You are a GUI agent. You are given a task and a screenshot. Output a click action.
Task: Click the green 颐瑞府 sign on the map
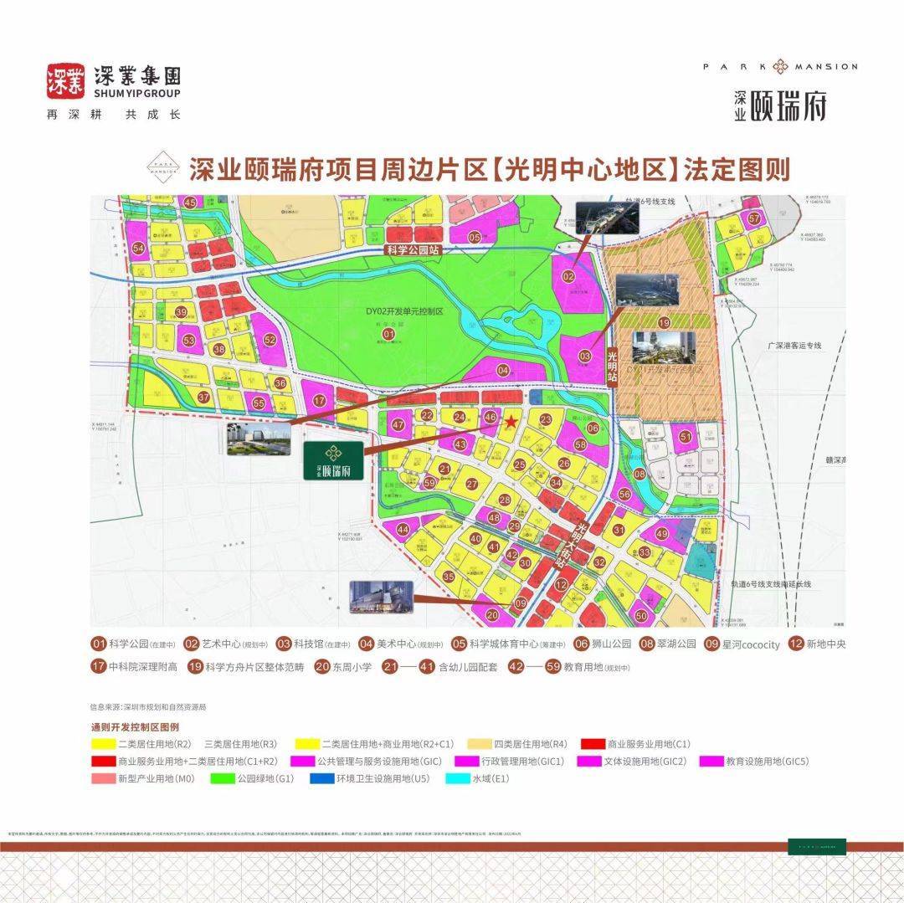click(x=333, y=459)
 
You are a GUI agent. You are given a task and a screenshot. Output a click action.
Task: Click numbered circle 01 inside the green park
click(x=388, y=335)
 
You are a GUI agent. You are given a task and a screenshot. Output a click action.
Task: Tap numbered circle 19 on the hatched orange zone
click(x=664, y=322)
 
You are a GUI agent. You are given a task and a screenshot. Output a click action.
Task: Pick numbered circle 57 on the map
click(x=754, y=219)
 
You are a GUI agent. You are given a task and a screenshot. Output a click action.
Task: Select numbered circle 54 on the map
click(x=138, y=249)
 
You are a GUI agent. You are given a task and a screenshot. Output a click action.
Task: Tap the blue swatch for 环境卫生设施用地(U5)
click(x=321, y=778)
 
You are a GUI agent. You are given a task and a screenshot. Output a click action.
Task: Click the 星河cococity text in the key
click(x=750, y=644)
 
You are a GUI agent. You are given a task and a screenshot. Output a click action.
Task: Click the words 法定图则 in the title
click(x=737, y=171)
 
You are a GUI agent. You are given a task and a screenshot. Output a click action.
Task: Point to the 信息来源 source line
click(x=147, y=707)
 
